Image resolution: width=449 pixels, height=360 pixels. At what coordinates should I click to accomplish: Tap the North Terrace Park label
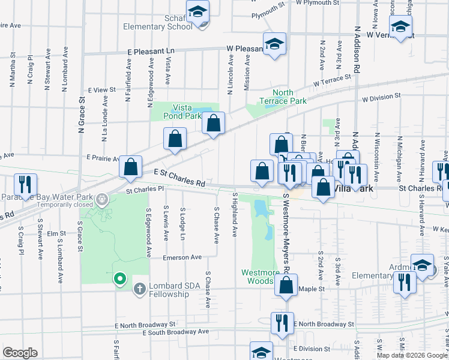283,97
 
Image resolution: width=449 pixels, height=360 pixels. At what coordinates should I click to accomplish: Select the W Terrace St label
331,80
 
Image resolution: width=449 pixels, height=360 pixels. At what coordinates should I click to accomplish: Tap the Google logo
20,353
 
